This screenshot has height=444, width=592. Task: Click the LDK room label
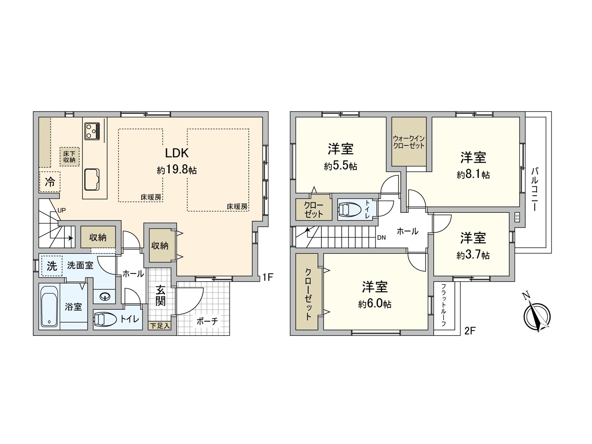tap(177, 153)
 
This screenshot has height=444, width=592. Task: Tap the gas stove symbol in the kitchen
tap(92, 131)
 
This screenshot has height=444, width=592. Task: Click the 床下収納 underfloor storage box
tap(69, 157)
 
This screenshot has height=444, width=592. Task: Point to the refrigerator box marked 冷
tap(50, 182)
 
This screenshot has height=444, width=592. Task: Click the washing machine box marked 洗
tap(51, 266)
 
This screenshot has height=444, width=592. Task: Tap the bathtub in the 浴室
tap(49, 306)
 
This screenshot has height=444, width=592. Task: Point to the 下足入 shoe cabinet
tap(160, 326)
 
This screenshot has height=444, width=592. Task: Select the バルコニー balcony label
tap(534, 189)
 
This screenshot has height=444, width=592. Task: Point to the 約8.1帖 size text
tap(473, 175)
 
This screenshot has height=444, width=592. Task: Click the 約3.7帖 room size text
tap(473, 255)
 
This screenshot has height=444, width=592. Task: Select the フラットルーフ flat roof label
tap(443, 306)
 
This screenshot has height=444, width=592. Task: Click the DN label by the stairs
tap(381, 238)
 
